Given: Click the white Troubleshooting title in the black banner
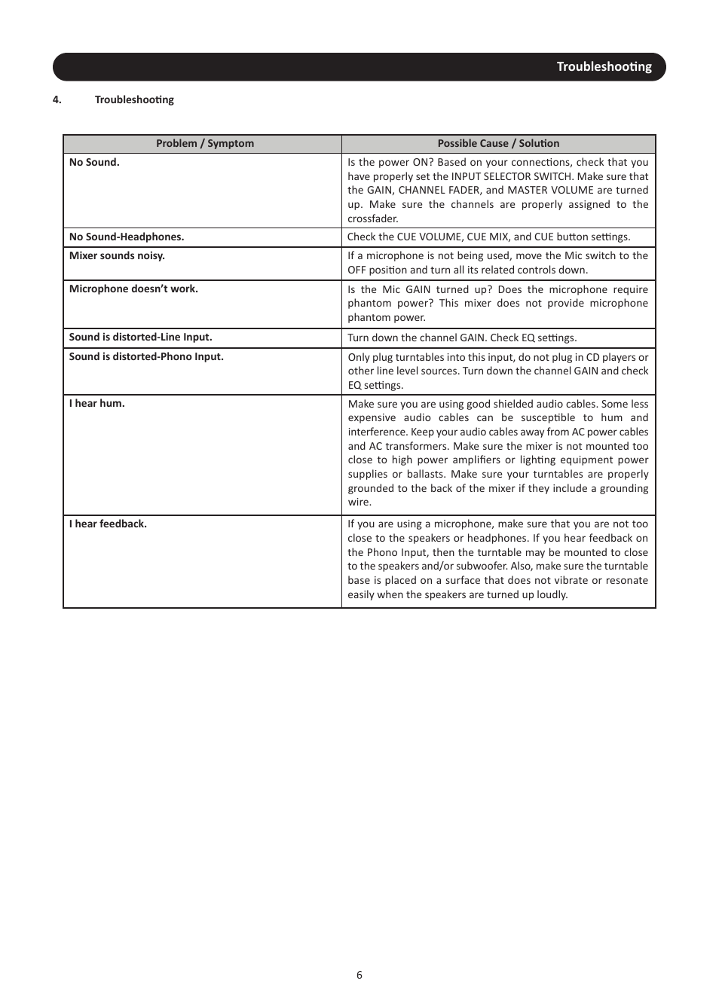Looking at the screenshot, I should [x=604, y=67].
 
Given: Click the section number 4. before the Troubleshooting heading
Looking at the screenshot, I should [x=57, y=99].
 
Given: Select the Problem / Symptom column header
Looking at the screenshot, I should [x=204, y=144].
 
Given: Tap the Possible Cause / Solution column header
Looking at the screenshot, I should [x=498, y=144].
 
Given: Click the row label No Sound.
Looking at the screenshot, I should [x=94, y=162].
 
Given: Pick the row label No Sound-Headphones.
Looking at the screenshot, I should [x=126, y=237].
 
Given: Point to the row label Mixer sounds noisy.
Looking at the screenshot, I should [x=117, y=255].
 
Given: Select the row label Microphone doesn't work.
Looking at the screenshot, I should [x=133, y=289].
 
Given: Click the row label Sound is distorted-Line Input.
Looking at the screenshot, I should [x=140, y=337].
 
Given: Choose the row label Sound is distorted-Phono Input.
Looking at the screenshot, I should [x=146, y=356].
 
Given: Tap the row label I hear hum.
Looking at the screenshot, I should [x=96, y=403].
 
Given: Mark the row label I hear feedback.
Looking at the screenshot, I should [x=108, y=524].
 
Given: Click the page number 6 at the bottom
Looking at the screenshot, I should [x=359, y=975].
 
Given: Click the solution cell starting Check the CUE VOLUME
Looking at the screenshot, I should [x=488, y=237].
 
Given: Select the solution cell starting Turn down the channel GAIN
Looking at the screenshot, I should [x=462, y=338].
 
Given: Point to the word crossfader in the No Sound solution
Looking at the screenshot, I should [x=372, y=218].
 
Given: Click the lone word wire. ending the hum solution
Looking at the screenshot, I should [x=359, y=502].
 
